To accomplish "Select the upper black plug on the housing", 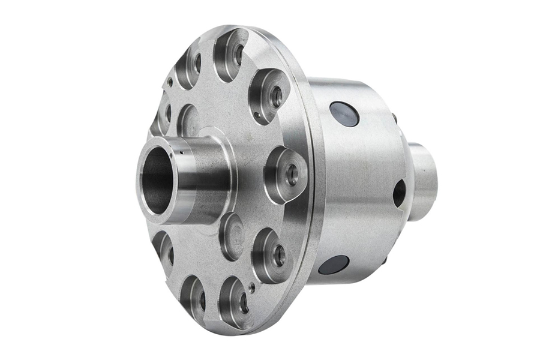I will coord(344,114).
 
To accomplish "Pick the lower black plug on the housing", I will coord(334,265).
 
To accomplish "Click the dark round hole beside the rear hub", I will coord(399,193).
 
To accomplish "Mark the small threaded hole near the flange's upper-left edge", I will coord(170,82).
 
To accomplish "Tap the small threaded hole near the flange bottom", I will coord(251,287).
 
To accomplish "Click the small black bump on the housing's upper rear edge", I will coord(394,118).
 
